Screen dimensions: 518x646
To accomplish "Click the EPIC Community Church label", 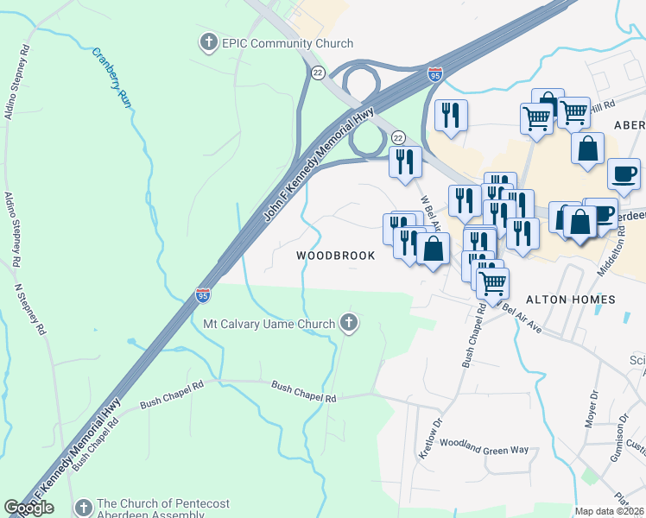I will click(288, 43).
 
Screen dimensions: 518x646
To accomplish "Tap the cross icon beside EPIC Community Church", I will click(207, 41).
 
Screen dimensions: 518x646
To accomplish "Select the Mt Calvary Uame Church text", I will click(268, 325).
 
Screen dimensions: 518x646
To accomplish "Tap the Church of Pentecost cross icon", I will click(84, 507).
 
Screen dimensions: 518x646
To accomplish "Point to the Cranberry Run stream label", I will click(112, 77).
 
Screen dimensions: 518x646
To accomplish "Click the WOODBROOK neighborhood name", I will click(336, 256).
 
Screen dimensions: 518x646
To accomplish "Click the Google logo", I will click(29, 508).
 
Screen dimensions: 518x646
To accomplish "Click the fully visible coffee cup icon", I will click(624, 174).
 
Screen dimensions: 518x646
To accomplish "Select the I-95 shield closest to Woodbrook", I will click(203, 295).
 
